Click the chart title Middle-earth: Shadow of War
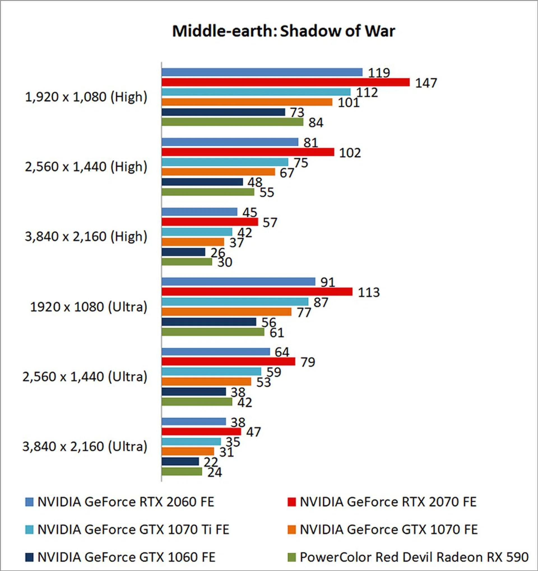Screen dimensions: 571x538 pos(284,31)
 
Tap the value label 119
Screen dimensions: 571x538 pos(379,73)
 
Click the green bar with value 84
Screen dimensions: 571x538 pos(232,122)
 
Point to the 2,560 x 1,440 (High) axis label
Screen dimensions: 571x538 pos(86,167)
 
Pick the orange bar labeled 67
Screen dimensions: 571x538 pos(218,172)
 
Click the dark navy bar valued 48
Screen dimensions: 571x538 pos(202,182)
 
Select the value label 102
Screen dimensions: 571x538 pos(350,153)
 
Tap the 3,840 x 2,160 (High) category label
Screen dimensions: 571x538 pos(86,237)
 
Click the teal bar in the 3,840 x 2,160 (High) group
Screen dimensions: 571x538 pos(197,232)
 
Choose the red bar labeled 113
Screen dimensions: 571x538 pos(257,292)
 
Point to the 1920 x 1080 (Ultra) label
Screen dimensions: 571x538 pos(89,307)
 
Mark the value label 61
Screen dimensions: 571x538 pos(277,333)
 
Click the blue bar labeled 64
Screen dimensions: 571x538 pos(216,352)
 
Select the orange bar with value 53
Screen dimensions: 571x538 pos(206,382)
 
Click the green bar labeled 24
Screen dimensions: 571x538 pos(182,472)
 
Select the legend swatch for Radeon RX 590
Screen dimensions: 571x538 pos(292,557)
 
